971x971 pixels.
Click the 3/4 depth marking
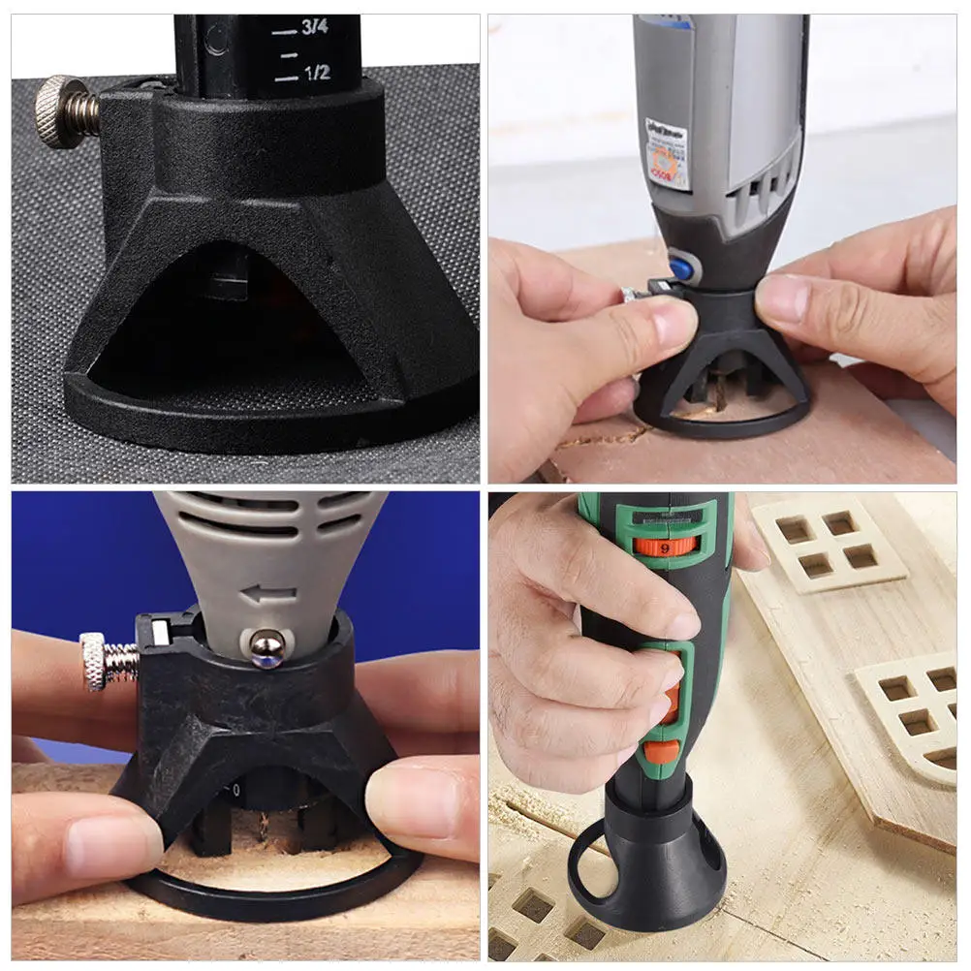tap(314, 29)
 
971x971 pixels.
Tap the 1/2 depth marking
tap(316, 72)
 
